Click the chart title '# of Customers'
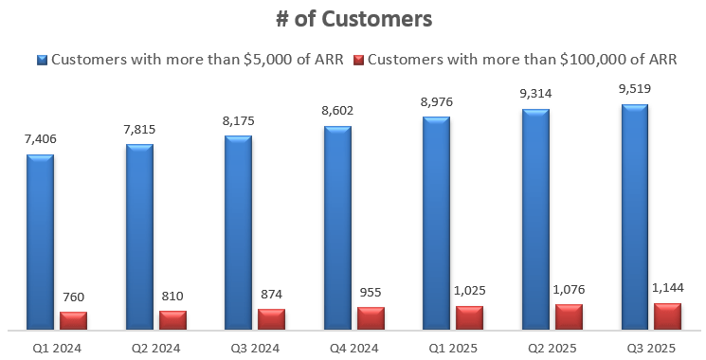pyautogui.click(x=353, y=18)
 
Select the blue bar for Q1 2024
pyautogui.click(x=40, y=242)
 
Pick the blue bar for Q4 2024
pyautogui.click(x=337, y=227)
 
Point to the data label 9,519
pyautogui.click(x=635, y=88)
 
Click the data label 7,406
pyautogui.click(x=40, y=138)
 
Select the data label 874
pyautogui.click(x=272, y=294)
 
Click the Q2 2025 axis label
pyautogui.click(x=552, y=348)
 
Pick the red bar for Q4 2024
pyautogui.click(x=371, y=319)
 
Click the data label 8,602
pyautogui.click(x=337, y=110)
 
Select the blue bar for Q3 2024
pyautogui.click(x=238, y=233)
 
